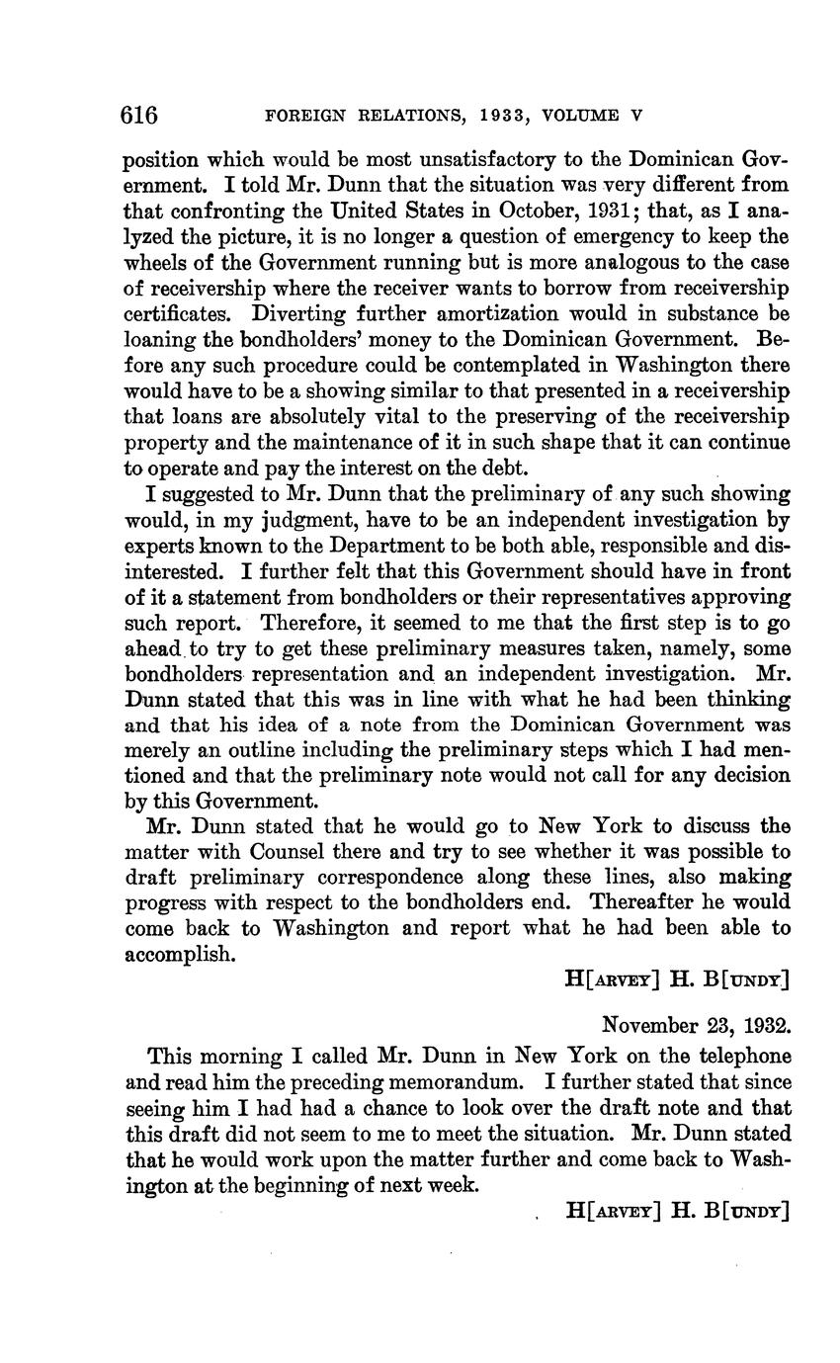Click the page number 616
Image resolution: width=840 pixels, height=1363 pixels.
(x=139, y=116)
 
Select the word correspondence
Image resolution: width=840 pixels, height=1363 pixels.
(x=391, y=877)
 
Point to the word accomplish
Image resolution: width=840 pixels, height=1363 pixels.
(x=180, y=955)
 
